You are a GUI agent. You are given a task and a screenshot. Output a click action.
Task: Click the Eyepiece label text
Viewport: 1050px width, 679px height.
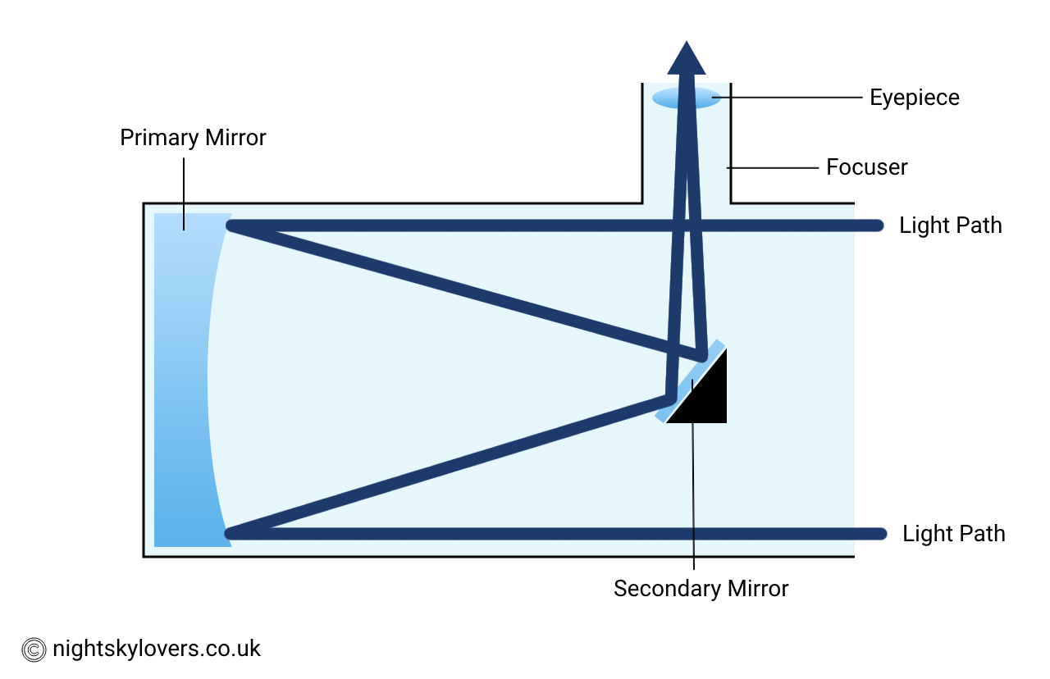click(x=914, y=98)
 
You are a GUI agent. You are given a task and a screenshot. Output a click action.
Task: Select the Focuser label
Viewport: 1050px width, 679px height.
click(x=866, y=167)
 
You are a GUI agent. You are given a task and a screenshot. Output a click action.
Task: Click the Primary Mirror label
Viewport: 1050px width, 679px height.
click(x=193, y=138)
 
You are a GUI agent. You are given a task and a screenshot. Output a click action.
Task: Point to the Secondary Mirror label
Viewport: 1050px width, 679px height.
click(x=701, y=589)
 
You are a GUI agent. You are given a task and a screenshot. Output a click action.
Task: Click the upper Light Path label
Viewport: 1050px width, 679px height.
click(x=950, y=226)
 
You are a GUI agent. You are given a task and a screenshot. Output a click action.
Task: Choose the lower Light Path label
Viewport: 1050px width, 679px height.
click(x=953, y=534)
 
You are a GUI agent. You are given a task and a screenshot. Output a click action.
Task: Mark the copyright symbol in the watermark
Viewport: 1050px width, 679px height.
click(x=34, y=649)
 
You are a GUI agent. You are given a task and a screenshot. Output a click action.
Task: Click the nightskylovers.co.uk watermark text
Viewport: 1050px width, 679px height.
click(x=156, y=649)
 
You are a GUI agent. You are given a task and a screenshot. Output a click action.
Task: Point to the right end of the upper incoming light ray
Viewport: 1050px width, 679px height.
click(x=877, y=226)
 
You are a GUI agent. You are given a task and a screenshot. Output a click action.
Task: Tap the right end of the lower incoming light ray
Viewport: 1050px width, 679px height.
click(x=879, y=534)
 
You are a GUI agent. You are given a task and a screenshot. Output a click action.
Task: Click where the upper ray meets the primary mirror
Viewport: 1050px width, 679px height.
click(x=231, y=226)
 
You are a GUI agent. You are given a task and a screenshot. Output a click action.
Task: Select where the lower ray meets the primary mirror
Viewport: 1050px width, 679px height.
click(x=231, y=534)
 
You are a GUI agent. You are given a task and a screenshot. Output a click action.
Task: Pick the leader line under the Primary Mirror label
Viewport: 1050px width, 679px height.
click(x=184, y=194)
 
